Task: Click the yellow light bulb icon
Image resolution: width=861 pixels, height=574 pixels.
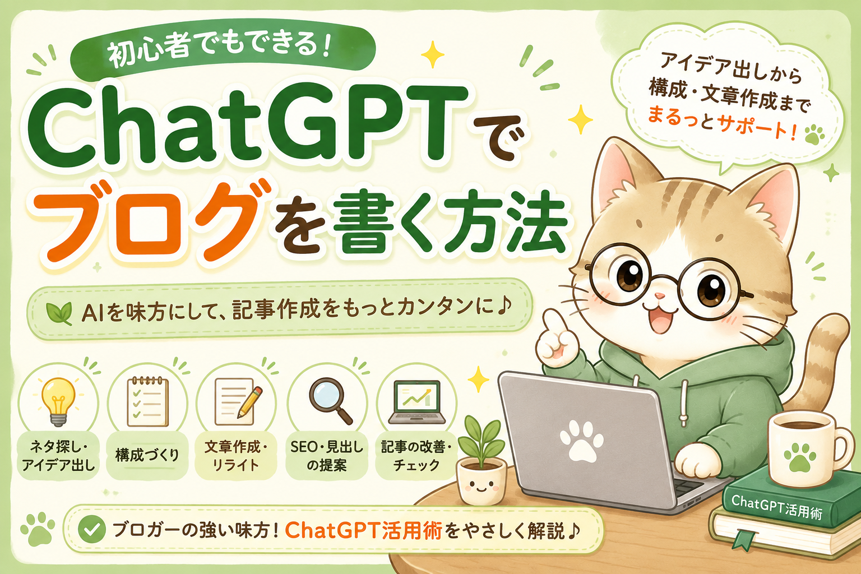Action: [x=58, y=401]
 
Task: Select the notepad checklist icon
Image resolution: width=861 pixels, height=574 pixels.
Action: [x=147, y=401]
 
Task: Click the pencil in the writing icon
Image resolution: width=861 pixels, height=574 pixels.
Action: [x=249, y=402]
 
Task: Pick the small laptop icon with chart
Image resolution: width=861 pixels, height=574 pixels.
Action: [x=416, y=402]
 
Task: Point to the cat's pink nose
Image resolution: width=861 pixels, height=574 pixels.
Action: [x=660, y=295]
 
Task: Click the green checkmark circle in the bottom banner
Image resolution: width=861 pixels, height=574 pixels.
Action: [x=92, y=529]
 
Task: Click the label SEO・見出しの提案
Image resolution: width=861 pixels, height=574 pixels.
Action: [x=327, y=456]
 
